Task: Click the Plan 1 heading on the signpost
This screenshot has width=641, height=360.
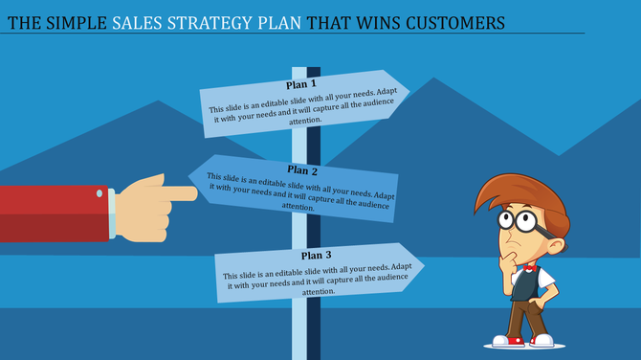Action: click(299, 84)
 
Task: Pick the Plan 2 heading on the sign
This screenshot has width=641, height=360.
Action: click(303, 169)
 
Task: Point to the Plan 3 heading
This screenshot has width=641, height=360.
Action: click(317, 255)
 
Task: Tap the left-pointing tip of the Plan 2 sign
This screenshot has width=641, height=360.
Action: click(191, 173)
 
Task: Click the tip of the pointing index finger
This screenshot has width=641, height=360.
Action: click(195, 194)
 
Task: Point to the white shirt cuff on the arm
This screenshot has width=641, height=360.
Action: click(111, 213)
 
